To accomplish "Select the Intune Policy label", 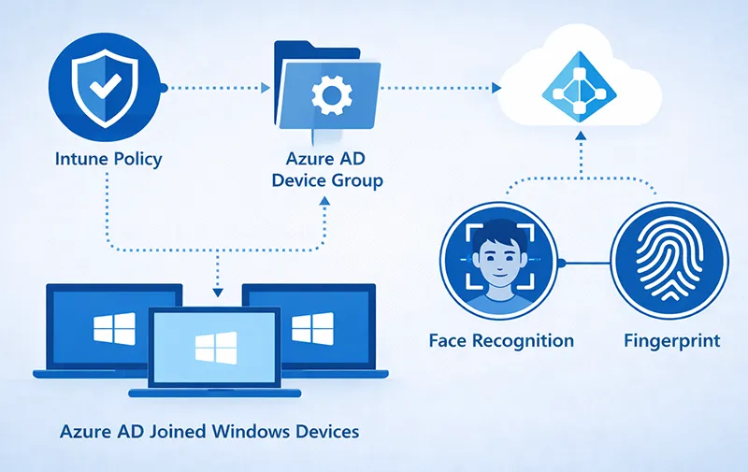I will click(x=108, y=158).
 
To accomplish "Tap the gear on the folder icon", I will click(x=328, y=95).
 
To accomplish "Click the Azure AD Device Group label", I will click(x=327, y=170).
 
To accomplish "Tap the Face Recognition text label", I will click(x=501, y=340).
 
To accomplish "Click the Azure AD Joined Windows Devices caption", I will click(x=209, y=432).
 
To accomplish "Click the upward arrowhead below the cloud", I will click(x=581, y=136).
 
